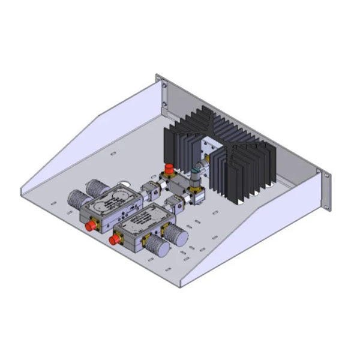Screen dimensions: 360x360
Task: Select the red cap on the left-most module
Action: (x=92, y=226)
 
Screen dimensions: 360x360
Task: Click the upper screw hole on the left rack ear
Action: (x=164, y=86)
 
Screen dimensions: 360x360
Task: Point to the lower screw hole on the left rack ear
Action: (x=163, y=106)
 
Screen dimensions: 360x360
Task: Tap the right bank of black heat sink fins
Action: (x=246, y=165)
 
